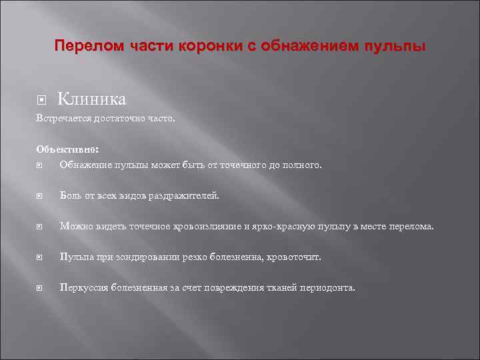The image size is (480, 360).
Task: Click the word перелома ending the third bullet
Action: pos(411,227)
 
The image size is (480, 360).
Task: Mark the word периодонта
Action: pos(331,287)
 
